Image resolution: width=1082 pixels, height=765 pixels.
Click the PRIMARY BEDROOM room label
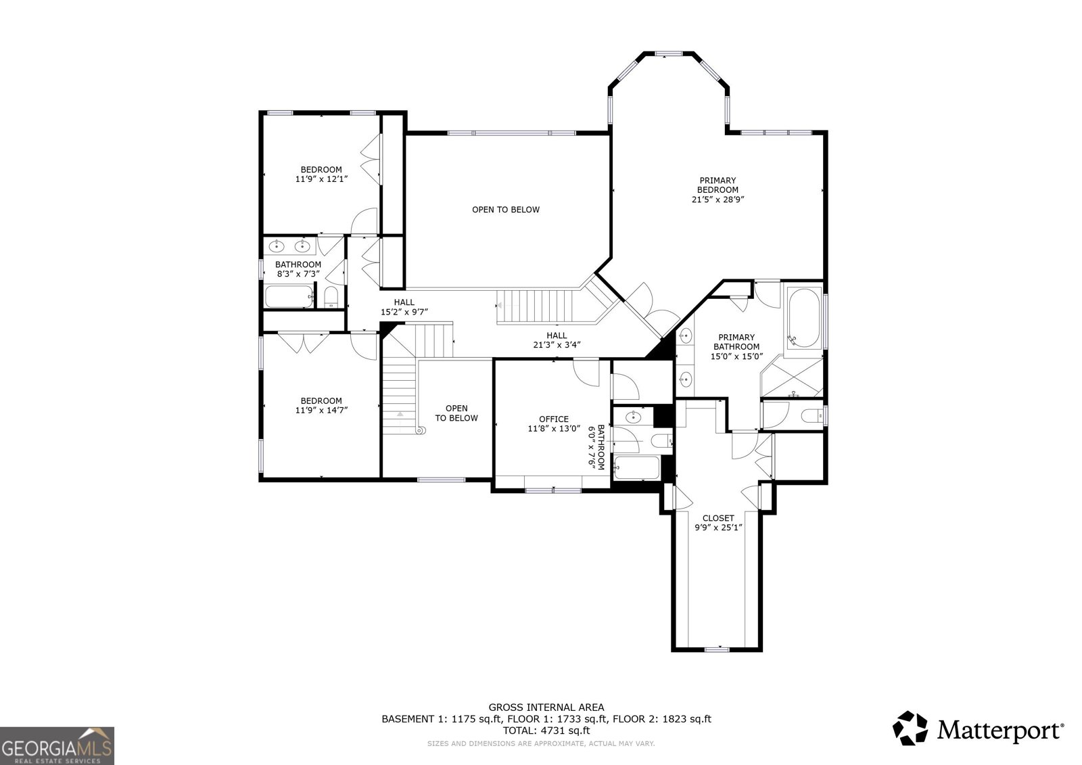pos(718,185)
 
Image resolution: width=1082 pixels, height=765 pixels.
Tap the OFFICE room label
pos(554,419)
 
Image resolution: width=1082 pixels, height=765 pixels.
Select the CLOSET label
pos(718,518)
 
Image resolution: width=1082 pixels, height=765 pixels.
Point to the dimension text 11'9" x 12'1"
pos(321,179)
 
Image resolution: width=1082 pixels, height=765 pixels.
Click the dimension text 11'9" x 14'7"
pos(321,411)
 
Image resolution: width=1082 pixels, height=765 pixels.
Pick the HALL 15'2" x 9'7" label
pos(404,307)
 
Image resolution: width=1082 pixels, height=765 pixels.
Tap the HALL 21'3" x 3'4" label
pos(557,340)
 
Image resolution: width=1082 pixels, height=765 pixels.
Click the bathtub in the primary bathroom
pos(803,318)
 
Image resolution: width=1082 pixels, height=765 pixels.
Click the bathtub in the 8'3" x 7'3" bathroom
pos(289,296)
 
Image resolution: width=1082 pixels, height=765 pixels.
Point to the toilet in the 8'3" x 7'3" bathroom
pos(331,297)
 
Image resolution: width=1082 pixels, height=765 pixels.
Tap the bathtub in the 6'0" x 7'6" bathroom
pos(637,468)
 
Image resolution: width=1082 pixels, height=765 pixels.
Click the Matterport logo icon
pos(910,728)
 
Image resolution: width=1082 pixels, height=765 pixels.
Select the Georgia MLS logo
pos(57,745)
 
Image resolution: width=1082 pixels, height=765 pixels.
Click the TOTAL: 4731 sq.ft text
pos(546,731)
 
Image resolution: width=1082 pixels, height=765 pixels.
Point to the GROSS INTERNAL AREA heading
pos(546,708)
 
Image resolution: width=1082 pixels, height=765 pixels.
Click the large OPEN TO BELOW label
pos(506,210)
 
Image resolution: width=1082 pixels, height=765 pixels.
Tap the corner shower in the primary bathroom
pos(792,377)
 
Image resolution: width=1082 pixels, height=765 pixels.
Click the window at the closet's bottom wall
pos(717,649)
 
